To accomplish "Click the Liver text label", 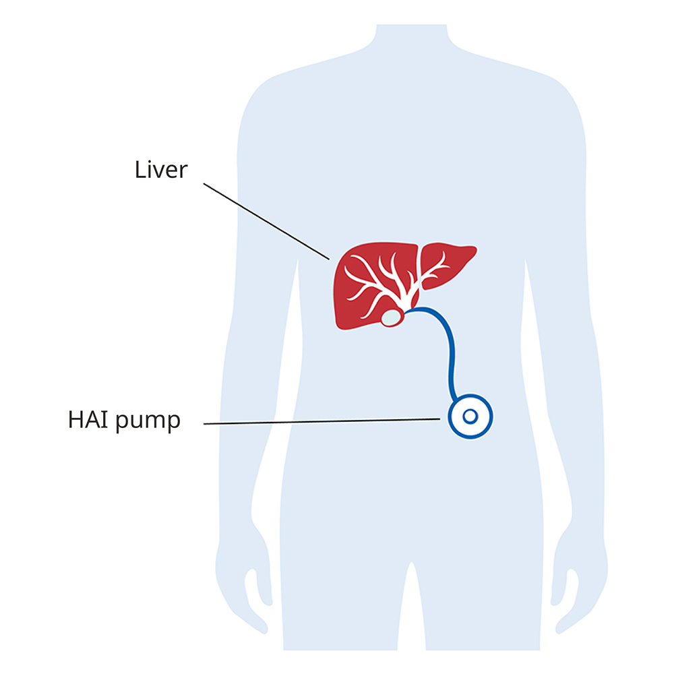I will coord(161,169).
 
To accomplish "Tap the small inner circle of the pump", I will coord(470,417).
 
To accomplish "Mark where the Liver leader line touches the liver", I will coord(329,259).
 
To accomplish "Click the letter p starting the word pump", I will coord(121,423).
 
